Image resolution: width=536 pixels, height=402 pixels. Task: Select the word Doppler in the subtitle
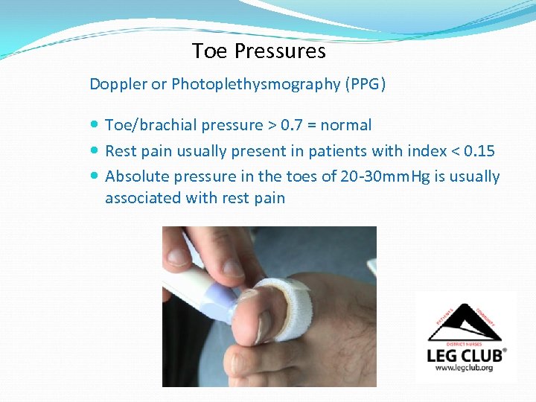pos(118,84)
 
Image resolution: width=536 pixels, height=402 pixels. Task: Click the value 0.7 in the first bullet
pos(293,125)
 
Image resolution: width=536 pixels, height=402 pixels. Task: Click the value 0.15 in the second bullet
pos(479,151)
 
